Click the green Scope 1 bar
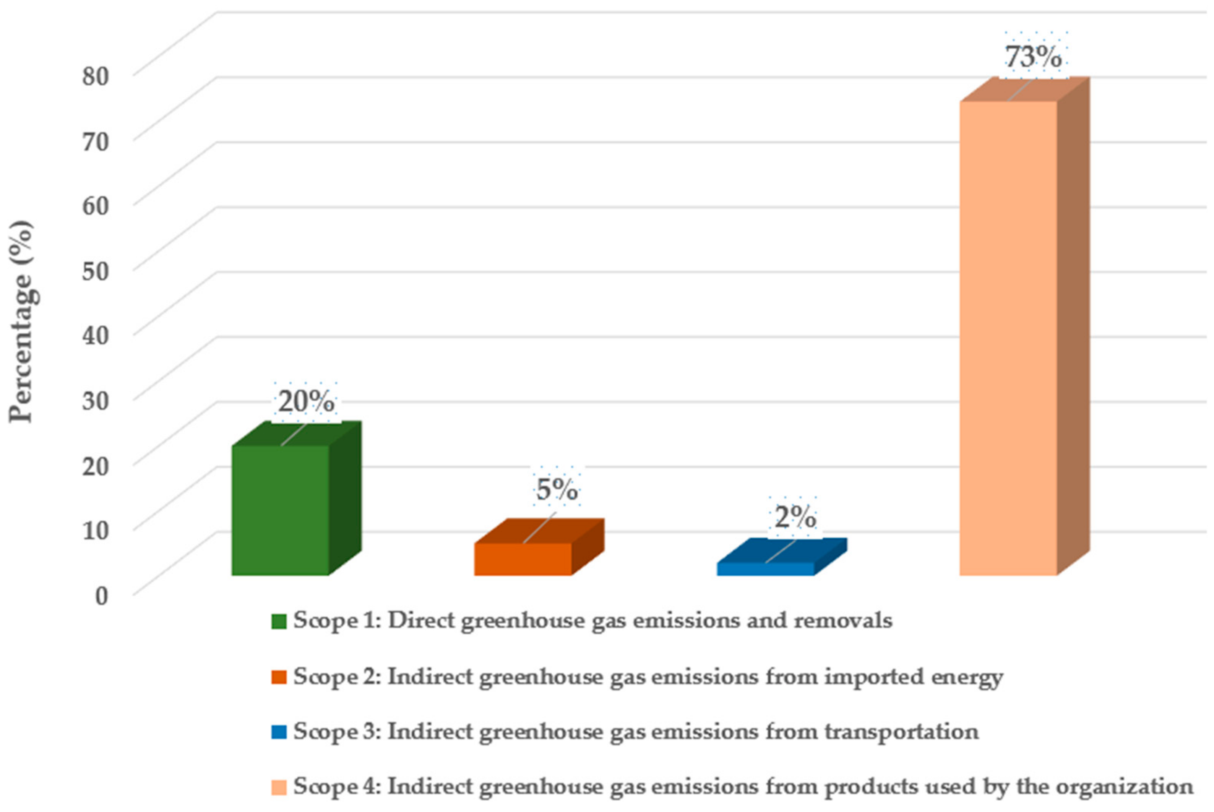pyautogui.click(x=280, y=510)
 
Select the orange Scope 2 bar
pyautogui.click(x=523, y=559)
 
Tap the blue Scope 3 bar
pyautogui.click(x=765, y=568)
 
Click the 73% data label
pyautogui.click(x=1033, y=57)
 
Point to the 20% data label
pyautogui.click(x=306, y=402)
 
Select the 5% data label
pyautogui.click(x=557, y=489)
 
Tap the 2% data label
pyautogui.click(x=795, y=517)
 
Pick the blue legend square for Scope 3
pyautogui.click(x=279, y=732)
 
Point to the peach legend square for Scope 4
pyautogui.click(x=279, y=788)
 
